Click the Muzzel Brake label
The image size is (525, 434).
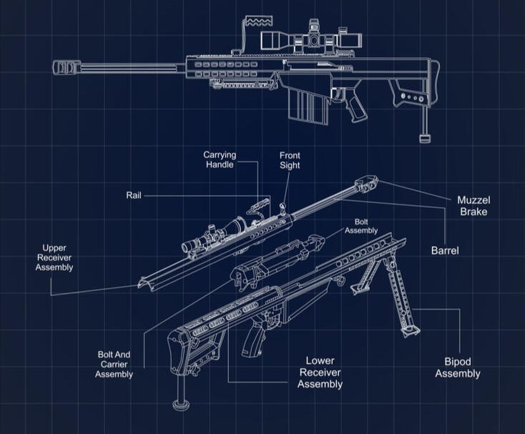(x=473, y=205)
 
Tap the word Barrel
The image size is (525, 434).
(x=444, y=250)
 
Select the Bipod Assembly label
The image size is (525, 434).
(x=457, y=368)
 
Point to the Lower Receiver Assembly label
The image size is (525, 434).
(x=320, y=373)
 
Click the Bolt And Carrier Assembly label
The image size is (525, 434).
(x=114, y=364)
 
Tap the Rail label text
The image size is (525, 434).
(x=134, y=194)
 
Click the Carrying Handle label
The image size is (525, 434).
(x=220, y=160)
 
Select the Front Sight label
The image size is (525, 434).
(x=290, y=161)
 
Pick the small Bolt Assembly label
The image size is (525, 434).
(x=361, y=226)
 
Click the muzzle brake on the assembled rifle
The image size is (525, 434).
(x=66, y=68)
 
